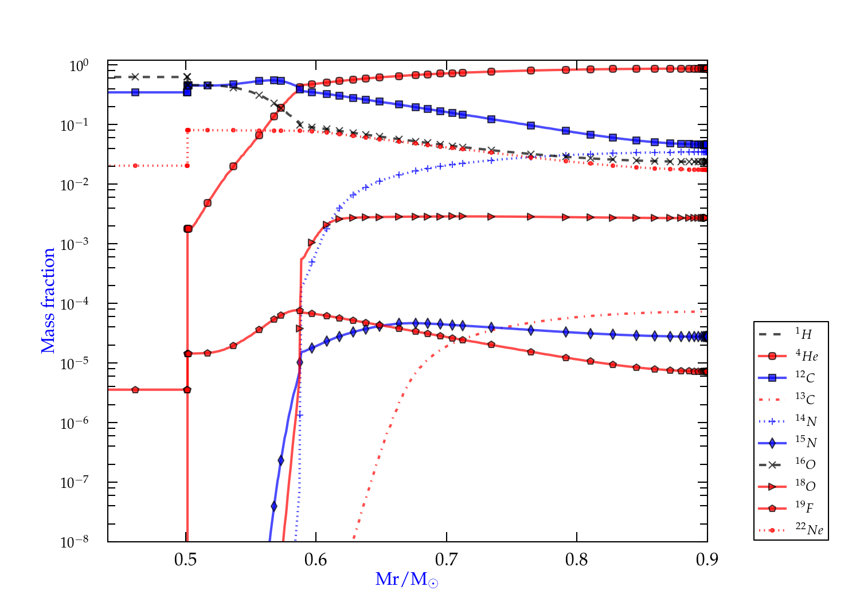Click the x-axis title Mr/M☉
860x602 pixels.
coord(406,580)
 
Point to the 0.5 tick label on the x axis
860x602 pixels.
coord(186,560)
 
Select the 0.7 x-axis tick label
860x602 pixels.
coord(447,560)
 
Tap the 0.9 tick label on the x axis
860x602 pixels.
coord(707,560)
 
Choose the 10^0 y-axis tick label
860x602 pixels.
coord(79,65)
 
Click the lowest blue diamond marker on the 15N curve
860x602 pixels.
coord(274,506)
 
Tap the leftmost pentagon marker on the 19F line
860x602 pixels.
coord(135,390)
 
